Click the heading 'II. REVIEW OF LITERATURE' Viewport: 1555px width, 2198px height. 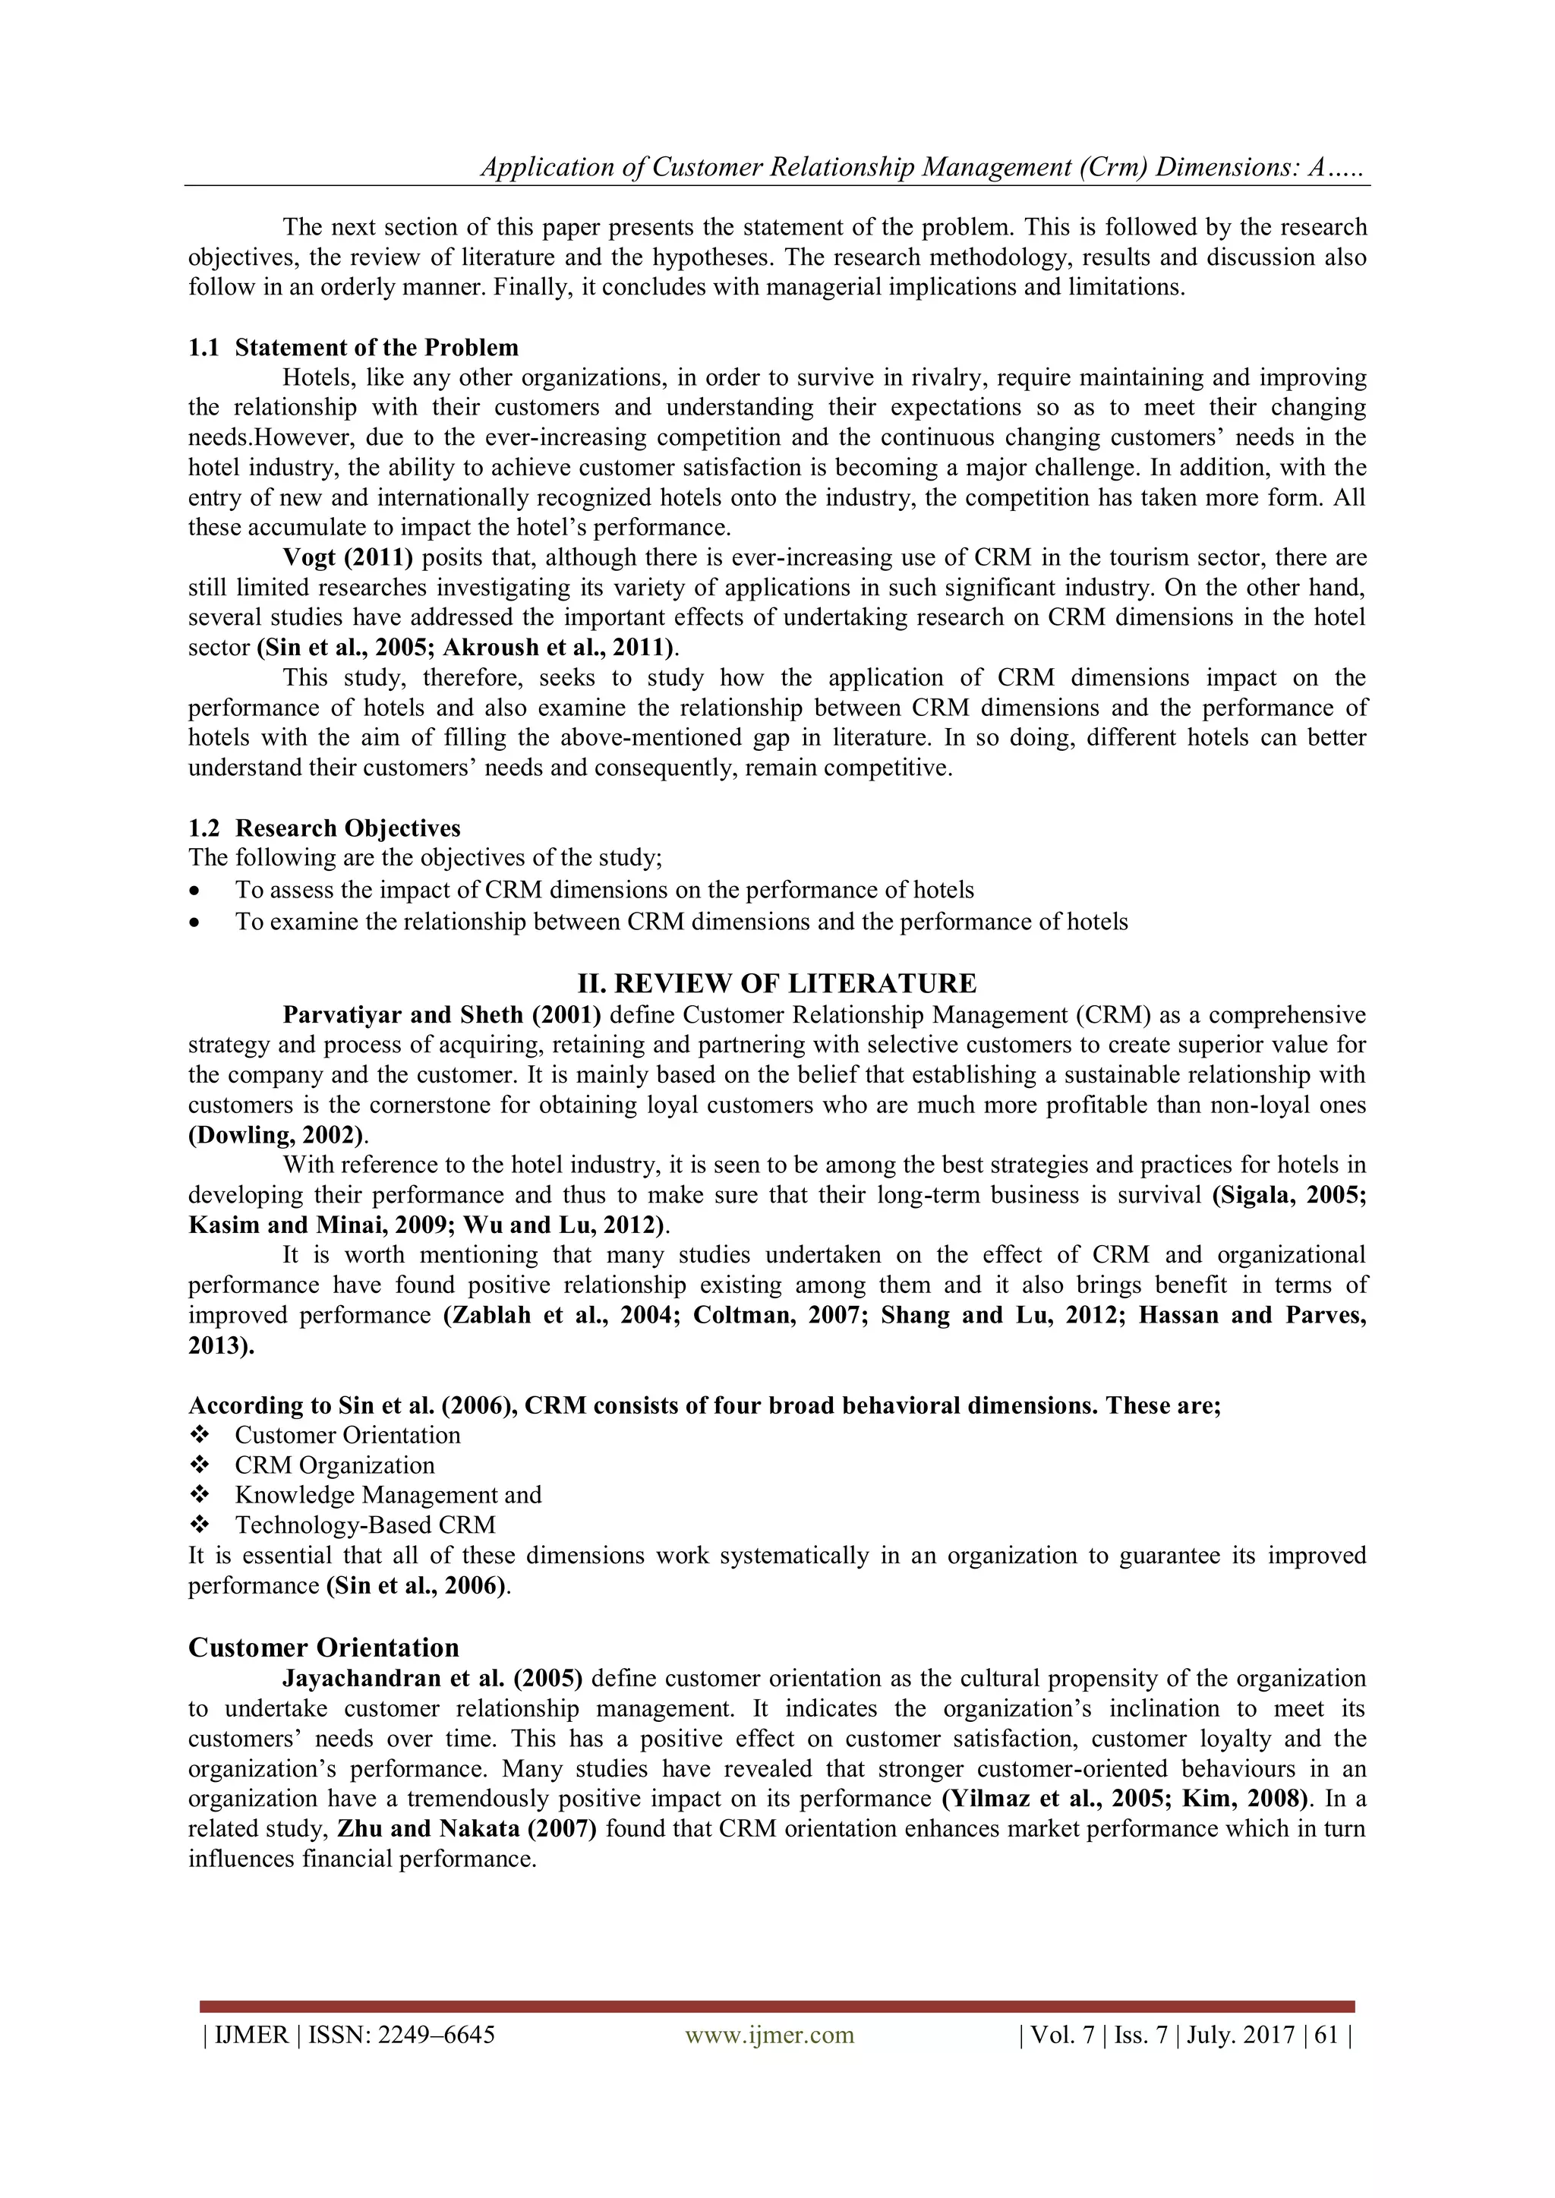coord(777,983)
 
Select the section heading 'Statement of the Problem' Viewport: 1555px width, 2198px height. coord(377,348)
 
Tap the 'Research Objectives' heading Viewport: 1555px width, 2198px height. coord(348,828)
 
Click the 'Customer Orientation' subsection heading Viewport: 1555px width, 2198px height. coord(323,1648)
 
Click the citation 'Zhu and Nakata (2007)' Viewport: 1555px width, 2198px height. coord(467,1830)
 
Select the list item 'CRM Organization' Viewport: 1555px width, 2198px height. coord(334,1465)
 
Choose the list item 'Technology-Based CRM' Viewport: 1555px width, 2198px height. coord(364,1525)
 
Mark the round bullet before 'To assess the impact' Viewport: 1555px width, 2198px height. coord(197,891)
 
